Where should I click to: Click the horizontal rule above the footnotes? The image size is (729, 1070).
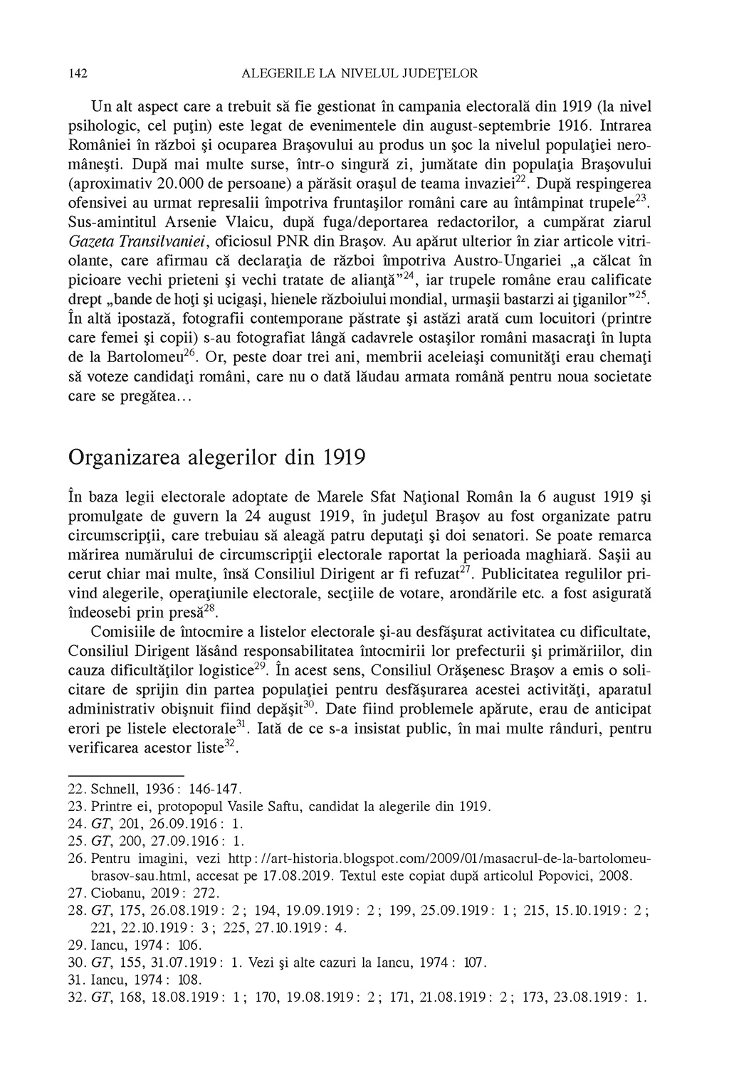click(x=126, y=776)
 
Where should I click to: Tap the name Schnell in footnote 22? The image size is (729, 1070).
click(x=112, y=790)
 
